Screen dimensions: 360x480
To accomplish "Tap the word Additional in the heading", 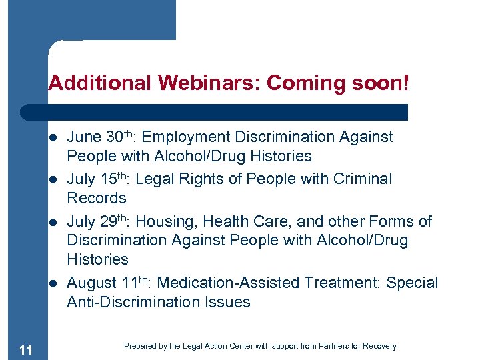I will pyautogui.click(x=101, y=83).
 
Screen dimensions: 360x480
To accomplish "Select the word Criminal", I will pyautogui.click(x=363, y=179).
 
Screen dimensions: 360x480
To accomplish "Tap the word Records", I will pyautogui.click(x=96, y=198).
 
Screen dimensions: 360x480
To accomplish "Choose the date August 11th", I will pyautogui.click(x=111, y=283).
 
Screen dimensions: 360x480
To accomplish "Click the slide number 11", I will pyautogui.click(x=26, y=349).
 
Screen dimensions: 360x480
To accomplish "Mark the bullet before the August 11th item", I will pyautogui.click(x=53, y=283).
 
